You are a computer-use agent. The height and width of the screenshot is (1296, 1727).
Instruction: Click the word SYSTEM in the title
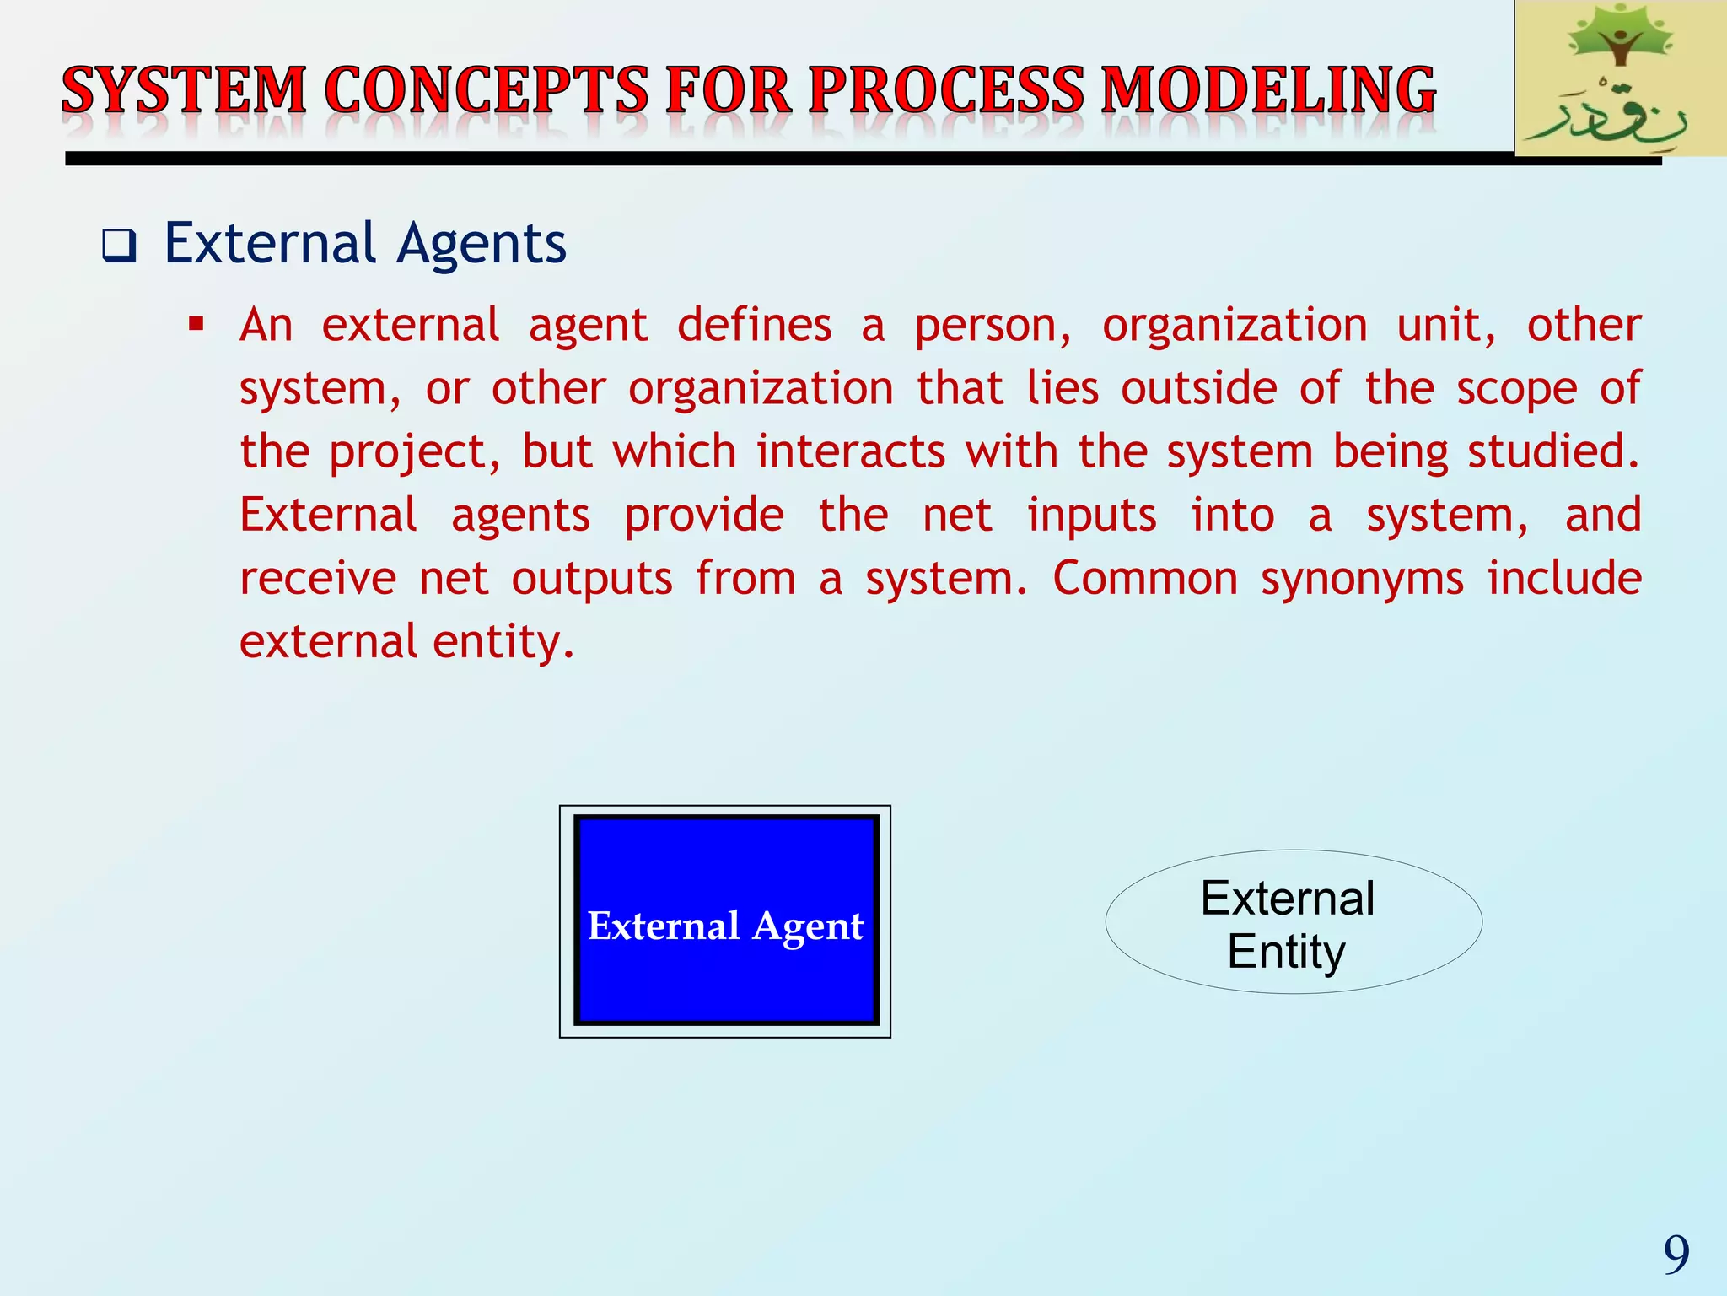pos(184,91)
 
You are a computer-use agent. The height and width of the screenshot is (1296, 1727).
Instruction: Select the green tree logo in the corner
pos(1619,38)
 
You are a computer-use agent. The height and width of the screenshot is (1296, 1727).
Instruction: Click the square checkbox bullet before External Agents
pos(119,246)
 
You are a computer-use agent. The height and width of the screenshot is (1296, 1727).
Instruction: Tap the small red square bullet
pos(196,324)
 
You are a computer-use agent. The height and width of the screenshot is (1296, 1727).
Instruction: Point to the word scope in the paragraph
pos(1516,390)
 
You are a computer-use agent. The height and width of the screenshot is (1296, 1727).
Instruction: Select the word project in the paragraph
pos(414,453)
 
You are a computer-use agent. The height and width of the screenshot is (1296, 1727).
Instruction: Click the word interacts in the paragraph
pos(850,451)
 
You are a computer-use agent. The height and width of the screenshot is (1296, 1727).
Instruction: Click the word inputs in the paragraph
pos(1092,516)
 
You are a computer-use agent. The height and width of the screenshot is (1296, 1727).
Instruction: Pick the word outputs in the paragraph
pos(592,580)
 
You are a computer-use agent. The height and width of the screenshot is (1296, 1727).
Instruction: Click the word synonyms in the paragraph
pos(1362,580)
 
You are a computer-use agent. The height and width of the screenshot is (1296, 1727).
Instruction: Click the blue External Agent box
pos(725,921)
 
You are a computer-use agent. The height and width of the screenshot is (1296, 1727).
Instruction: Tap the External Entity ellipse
pos(1293,922)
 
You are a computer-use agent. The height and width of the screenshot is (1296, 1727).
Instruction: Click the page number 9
pos(1676,1255)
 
